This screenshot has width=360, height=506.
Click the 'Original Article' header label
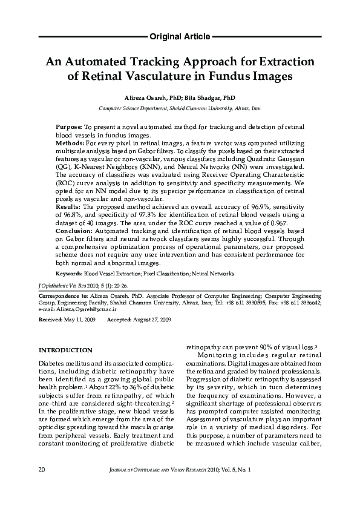(x=180, y=37)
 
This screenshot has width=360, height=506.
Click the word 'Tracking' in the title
(x=149, y=62)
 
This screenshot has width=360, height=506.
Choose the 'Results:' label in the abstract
(x=68, y=207)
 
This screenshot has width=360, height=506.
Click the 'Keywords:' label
(x=69, y=274)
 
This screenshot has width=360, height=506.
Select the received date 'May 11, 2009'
(x=80, y=318)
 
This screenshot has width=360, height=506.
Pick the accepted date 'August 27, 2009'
(x=152, y=318)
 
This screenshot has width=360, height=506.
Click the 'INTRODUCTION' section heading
(x=65, y=350)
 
